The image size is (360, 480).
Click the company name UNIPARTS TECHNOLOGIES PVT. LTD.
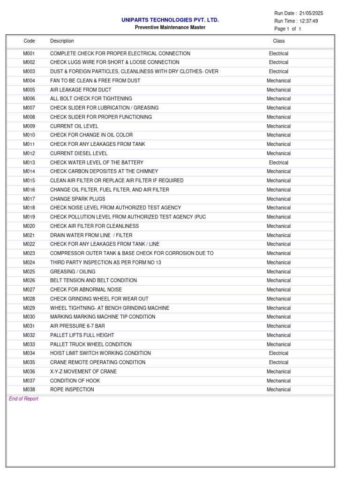[x=170, y=20]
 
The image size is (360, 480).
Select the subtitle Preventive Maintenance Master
[x=170, y=28]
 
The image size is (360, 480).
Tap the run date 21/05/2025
[x=311, y=13]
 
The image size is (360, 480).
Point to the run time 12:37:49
[x=308, y=21]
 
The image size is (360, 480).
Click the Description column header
[x=62, y=41]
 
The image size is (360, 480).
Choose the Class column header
[x=279, y=41]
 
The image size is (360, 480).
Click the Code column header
[x=29, y=41]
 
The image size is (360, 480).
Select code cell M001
[x=29, y=53]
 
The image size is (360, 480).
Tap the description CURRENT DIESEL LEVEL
[x=79, y=153]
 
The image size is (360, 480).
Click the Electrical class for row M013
[x=278, y=163]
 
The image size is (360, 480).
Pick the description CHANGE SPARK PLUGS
[x=78, y=199]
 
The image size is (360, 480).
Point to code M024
[x=29, y=262]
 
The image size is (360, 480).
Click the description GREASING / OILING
[x=73, y=272]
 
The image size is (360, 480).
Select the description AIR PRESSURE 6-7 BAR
[x=77, y=326]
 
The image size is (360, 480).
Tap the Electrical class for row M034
[x=278, y=353]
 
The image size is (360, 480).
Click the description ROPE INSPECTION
[x=72, y=390]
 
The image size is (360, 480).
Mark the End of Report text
[x=23, y=399]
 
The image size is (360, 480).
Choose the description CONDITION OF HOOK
[x=75, y=381]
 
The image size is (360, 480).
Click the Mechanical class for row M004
[x=278, y=81]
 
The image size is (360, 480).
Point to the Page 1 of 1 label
[x=287, y=29]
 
